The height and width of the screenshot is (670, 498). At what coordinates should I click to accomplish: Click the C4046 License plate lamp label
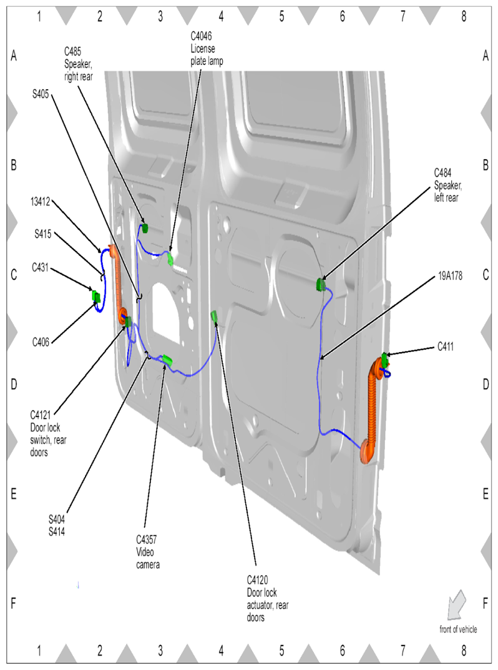pos(207,48)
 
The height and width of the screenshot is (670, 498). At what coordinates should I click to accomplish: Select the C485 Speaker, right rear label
pos(78,64)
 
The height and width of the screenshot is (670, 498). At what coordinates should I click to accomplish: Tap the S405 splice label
pos(41,94)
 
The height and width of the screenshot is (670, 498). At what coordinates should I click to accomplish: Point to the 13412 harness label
pos(40,202)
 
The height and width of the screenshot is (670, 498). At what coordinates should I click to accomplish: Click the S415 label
pos(42,234)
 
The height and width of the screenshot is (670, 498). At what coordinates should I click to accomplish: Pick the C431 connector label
pos(40,267)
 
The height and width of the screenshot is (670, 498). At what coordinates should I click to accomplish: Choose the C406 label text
pos(41,342)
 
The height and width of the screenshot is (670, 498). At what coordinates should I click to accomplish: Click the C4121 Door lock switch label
pos(48,434)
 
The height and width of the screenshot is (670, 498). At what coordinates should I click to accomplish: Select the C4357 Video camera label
pos(148,552)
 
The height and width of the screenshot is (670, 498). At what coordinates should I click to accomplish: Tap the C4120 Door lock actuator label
pos(268,599)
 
